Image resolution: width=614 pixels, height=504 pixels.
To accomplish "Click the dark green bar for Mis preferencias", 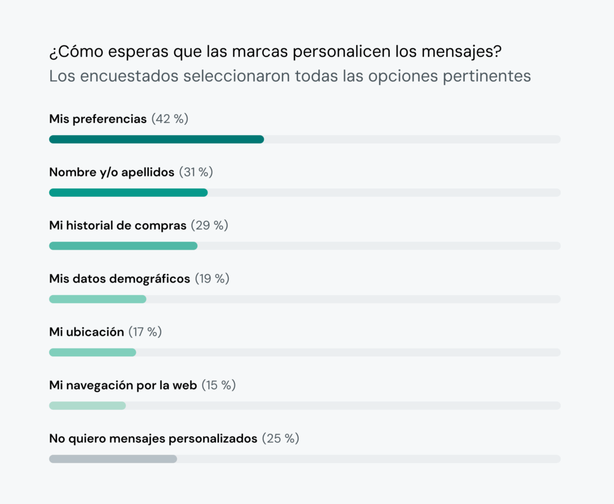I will point(156,139).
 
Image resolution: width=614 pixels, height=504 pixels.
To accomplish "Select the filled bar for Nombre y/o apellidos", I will point(128,193).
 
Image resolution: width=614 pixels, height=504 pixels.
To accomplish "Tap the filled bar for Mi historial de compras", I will point(123,246).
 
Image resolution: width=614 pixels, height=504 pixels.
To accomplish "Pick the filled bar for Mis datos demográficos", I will point(98,299).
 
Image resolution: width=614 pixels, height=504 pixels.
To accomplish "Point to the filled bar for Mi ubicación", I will point(92,352).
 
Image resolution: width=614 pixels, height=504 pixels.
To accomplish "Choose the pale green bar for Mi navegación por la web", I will point(88,406).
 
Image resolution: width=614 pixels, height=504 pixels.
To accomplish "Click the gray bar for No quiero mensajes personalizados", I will point(113,459).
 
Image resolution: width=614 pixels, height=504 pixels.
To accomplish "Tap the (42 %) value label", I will point(170,119).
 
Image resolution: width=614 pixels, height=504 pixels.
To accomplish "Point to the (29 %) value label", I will point(209,226).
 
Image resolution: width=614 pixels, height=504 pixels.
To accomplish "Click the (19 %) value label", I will point(212,278).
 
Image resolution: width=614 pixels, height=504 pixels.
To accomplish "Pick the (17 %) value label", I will point(145,332).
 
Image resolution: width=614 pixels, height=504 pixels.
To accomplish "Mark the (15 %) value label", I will point(218,385).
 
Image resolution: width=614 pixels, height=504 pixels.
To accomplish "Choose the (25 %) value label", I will point(281,439).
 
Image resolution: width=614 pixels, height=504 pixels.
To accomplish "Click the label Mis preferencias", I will point(98,119).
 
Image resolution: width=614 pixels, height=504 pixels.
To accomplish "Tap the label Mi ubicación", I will point(86,332).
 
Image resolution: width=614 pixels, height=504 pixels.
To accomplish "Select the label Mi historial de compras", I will point(118,226).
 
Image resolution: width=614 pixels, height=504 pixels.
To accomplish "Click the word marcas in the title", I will point(263,52).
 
